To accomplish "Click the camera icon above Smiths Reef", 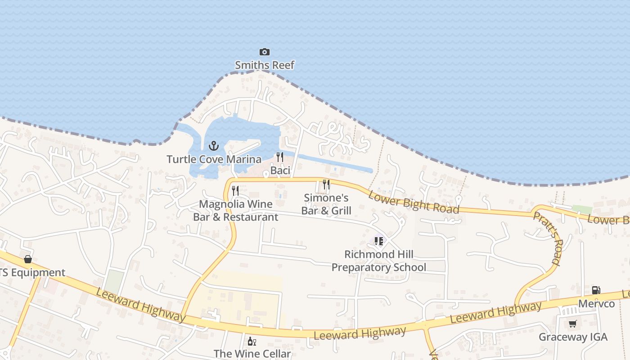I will (x=265, y=52).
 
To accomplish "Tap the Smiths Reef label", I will (x=265, y=65).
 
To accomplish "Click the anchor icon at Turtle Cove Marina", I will (x=214, y=146).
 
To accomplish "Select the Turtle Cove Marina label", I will (x=214, y=159).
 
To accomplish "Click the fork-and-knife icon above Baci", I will (x=280, y=157).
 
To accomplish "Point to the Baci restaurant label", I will (x=280, y=171).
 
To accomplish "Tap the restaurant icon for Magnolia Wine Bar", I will (x=235, y=191).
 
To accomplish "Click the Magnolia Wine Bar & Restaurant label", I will (x=235, y=211).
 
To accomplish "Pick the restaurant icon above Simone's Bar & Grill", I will (x=326, y=184).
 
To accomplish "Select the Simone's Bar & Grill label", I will (x=326, y=204).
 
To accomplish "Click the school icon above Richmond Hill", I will (x=378, y=241).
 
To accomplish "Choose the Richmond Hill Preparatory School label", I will (x=378, y=261).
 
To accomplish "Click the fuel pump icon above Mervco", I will (x=596, y=290).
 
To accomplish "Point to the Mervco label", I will (x=596, y=304).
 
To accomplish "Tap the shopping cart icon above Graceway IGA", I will (x=573, y=324).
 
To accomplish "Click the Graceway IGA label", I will (x=573, y=337).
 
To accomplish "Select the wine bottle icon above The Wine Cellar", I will (x=252, y=341).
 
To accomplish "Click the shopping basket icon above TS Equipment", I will (x=28, y=259).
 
